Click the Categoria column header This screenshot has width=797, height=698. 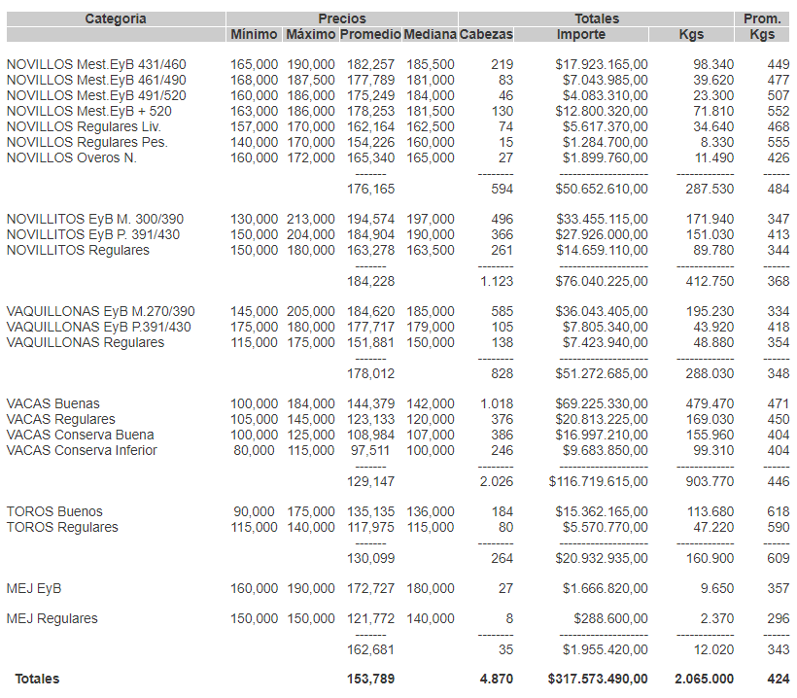(x=116, y=18)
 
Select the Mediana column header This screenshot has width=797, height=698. (x=430, y=34)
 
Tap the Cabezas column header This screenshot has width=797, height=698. (x=485, y=34)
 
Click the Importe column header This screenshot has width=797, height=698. (x=581, y=34)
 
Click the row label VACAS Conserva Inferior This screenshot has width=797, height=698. (x=82, y=450)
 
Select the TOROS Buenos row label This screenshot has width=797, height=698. (x=54, y=511)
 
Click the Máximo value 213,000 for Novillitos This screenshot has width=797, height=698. (x=309, y=219)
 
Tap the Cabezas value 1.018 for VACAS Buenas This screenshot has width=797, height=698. (x=496, y=403)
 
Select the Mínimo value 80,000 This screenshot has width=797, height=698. (x=255, y=450)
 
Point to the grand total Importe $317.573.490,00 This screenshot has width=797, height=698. (x=598, y=679)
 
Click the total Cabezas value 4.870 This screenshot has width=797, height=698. (x=496, y=679)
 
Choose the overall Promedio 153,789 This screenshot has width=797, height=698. (x=370, y=679)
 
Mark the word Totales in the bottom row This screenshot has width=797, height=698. (x=36, y=679)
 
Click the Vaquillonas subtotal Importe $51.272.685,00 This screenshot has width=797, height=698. (x=601, y=372)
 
